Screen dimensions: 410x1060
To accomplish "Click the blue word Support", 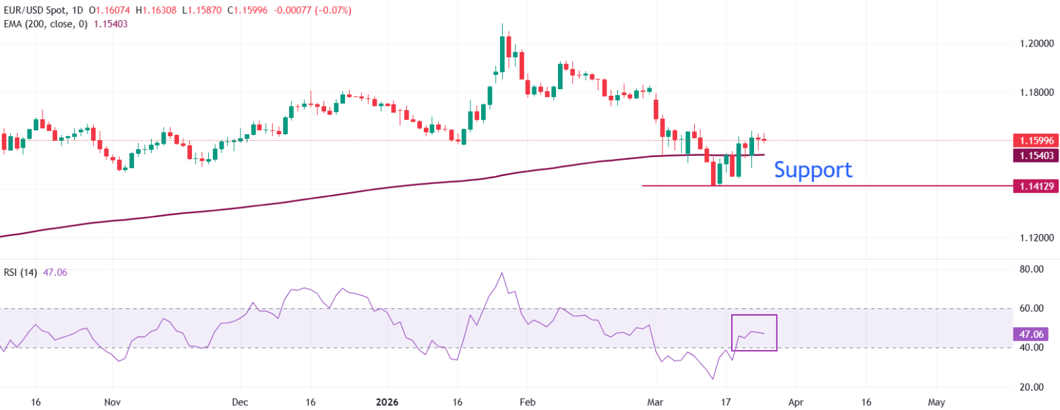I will pyautogui.click(x=813, y=170).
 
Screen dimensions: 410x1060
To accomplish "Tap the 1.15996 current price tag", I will pyautogui.click(x=1036, y=140).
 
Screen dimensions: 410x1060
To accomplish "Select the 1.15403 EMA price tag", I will pyautogui.click(x=1036, y=156).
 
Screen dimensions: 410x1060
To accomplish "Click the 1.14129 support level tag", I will pyautogui.click(x=1036, y=186).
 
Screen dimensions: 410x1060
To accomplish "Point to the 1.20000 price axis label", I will pyautogui.click(x=1036, y=43).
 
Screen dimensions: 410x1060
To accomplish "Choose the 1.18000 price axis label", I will pyautogui.click(x=1036, y=92).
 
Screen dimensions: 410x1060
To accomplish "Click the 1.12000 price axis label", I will pyautogui.click(x=1036, y=237).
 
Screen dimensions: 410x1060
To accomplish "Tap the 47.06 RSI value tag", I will pyautogui.click(x=1031, y=334).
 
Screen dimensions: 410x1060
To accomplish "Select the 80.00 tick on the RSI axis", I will pyautogui.click(x=1031, y=269).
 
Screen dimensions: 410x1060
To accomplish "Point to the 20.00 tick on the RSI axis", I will pyautogui.click(x=1031, y=387).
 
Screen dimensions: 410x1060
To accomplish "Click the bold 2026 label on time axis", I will pyautogui.click(x=387, y=402).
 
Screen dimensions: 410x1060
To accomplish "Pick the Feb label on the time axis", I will pyautogui.click(x=528, y=402).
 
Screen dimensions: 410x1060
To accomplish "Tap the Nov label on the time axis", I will pyautogui.click(x=113, y=402).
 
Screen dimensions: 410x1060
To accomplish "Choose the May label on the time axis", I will pyautogui.click(x=936, y=402).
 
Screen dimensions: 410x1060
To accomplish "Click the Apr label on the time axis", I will pyautogui.click(x=796, y=402).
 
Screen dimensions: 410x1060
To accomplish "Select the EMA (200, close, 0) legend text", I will pyautogui.click(x=46, y=24).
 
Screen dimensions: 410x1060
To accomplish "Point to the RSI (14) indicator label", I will pyautogui.click(x=20, y=272).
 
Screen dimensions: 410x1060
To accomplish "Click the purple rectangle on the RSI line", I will pyautogui.click(x=754, y=332).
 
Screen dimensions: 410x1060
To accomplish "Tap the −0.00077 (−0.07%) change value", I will pyautogui.click(x=313, y=10).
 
